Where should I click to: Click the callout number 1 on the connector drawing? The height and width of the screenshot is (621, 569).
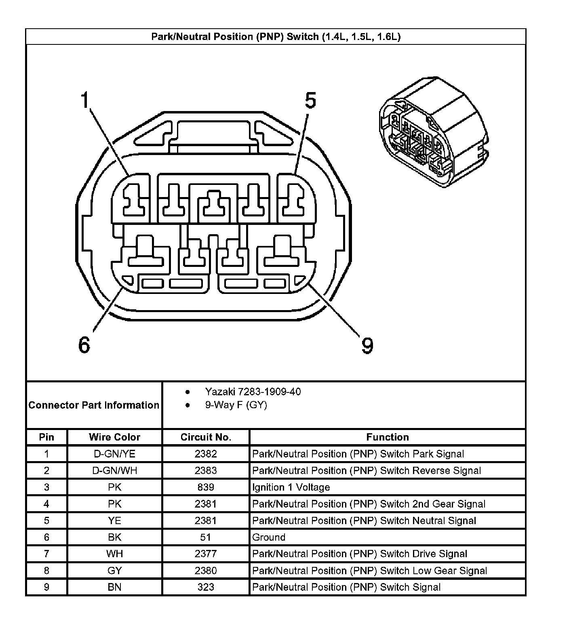point(84,100)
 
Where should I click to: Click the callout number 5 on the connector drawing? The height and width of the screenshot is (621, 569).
point(310,101)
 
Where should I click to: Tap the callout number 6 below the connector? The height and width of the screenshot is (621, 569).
point(84,345)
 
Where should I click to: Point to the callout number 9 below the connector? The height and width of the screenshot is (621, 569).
point(367,346)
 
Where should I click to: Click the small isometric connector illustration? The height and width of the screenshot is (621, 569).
point(432,132)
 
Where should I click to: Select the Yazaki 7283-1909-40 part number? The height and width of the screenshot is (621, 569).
point(253,392)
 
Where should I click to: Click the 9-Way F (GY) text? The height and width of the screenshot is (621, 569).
point(236,405)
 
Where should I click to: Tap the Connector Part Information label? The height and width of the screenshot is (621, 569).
point(94,405)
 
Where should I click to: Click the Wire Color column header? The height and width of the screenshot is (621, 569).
point(114,437)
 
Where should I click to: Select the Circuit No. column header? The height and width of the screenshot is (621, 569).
point(206,437)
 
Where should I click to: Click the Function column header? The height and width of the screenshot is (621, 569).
point(387,437)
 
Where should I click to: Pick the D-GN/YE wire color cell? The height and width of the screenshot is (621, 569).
point(114,454)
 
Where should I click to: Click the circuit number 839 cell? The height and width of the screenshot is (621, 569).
point(206,487)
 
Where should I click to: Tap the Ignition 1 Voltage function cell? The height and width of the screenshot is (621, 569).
point(291,487)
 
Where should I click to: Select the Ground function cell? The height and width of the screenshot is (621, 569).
point(269,537)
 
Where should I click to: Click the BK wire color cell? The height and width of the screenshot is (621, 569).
point(114,537)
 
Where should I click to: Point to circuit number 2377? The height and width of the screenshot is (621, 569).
point(206,554)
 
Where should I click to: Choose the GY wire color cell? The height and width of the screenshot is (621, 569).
point(114,571)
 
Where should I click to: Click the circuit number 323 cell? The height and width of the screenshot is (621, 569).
point(206,587)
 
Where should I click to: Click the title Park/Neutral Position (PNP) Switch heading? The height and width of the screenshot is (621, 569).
point(276,37)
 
